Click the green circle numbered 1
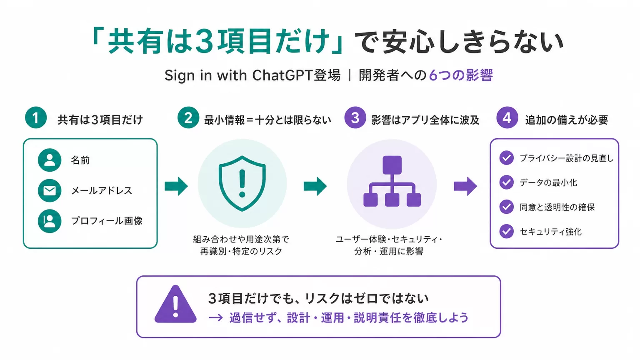point(36,118)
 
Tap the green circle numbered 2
point(188,118)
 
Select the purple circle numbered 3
point(355,118)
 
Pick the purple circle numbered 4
point(507,118)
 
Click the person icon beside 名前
point(50,160)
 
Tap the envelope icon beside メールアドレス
point(50,190)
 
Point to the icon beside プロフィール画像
point(50,221)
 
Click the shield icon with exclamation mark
point(242,184)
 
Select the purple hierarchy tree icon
point(392,181)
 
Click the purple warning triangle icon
point(175,304)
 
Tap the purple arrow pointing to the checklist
point(465,186)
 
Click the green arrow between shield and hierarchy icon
point(315,186)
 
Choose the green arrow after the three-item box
point(176,186)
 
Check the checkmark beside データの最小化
point(507,182)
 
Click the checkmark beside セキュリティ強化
point(507,231)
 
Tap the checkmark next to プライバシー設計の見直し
point(507,158)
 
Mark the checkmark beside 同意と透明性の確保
point(507,207)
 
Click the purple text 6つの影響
point(461,75)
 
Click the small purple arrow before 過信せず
point(216,318)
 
